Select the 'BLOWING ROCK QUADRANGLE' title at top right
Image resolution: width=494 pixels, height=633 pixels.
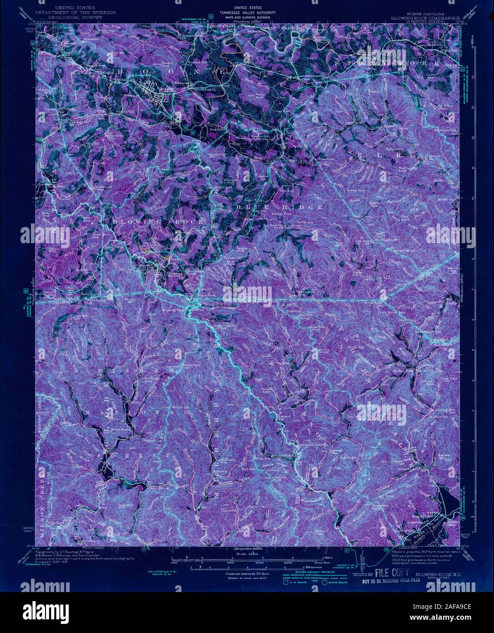419,18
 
